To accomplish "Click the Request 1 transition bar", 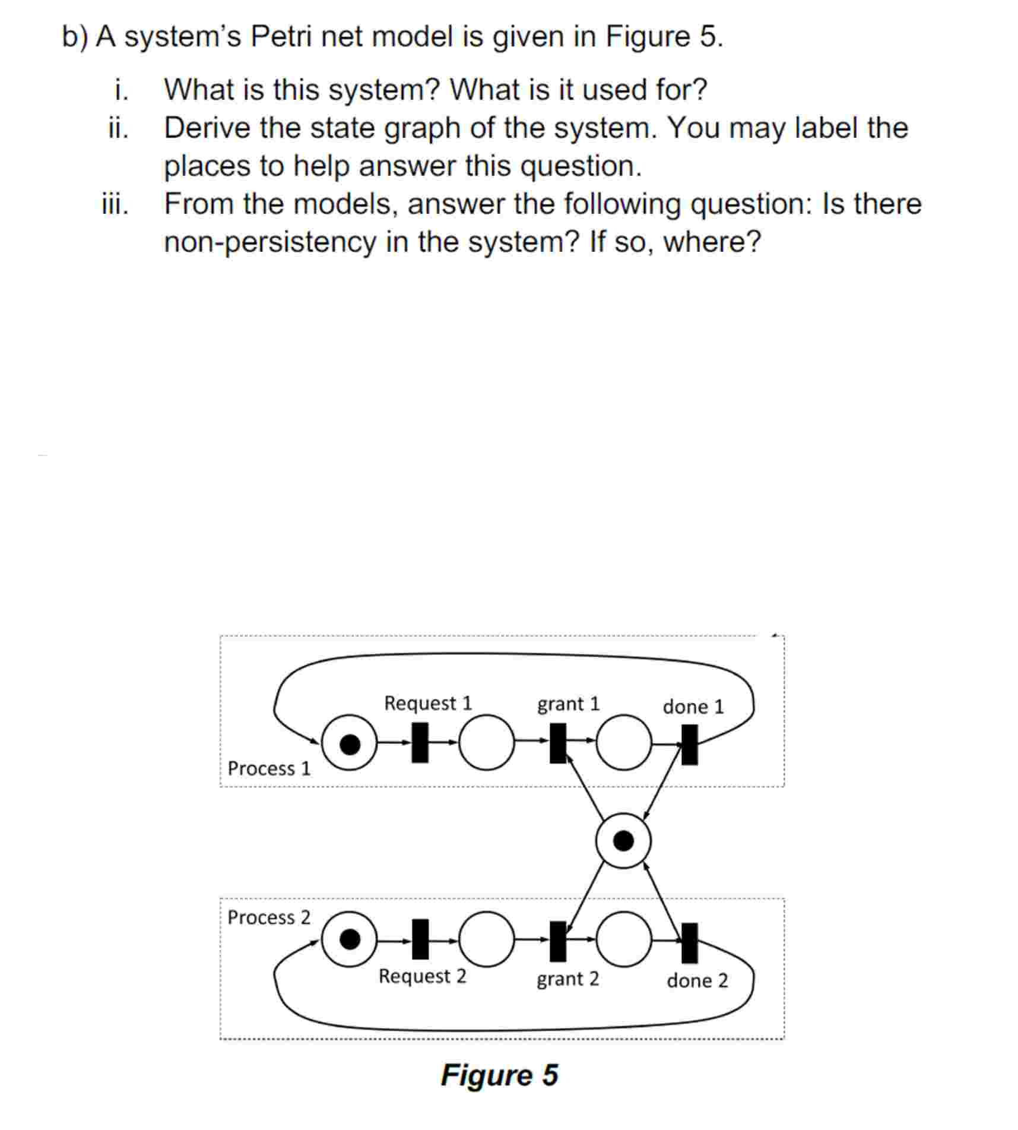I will (x=420, y=742).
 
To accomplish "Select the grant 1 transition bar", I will (x=557, y=742).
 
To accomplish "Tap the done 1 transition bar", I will (x=689, y=744).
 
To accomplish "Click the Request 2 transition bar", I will (x=420, y=939).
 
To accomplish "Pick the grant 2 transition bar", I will (x=557, y=941).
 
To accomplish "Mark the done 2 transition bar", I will (x=689, y=942).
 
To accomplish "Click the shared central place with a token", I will (x=623, y=841).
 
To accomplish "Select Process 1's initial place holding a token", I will (x=349, y=742).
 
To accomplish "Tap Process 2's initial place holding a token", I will (x=349, y=939).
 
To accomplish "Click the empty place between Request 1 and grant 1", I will (x=487, y=742).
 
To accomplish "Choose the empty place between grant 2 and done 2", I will (x=623, y=939).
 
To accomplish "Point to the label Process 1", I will (x=269, y=768).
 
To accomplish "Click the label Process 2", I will (x=269, y=917).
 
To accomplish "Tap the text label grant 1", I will (x=568, y=704).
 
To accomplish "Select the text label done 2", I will (x=697, y=980).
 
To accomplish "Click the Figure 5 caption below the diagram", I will (x=499, y=1075).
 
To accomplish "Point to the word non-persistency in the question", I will (x=269, y=242).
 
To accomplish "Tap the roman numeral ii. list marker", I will (x=119, y=128).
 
